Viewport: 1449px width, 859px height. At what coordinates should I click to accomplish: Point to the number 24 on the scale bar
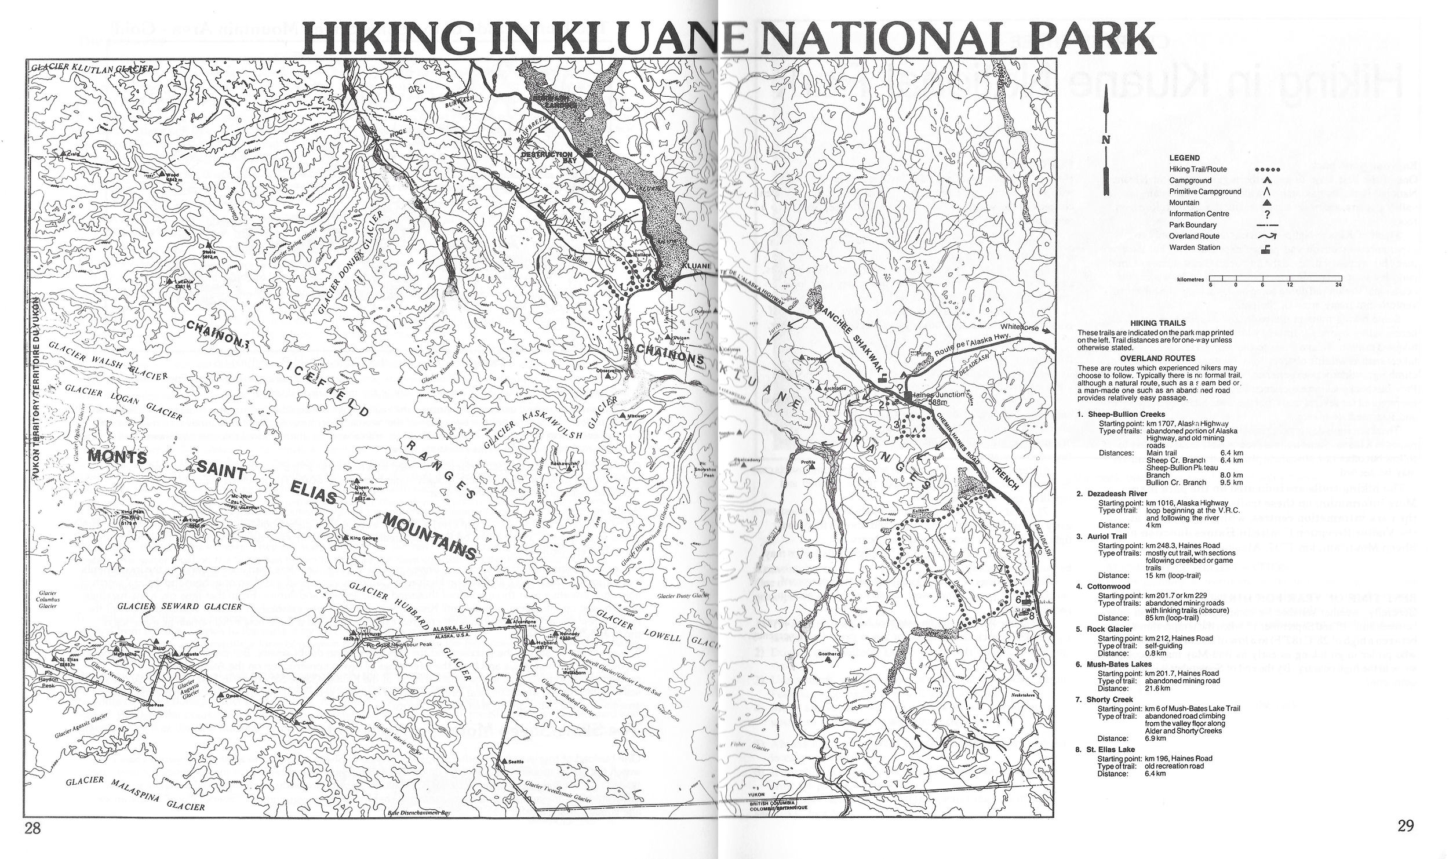(x=1333, y=285)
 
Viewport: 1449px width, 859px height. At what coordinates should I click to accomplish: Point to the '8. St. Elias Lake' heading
(x=1105, y=749)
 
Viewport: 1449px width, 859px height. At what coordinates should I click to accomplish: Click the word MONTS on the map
(x=116, y=457)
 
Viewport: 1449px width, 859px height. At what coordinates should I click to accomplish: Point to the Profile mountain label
(x=808, y=463)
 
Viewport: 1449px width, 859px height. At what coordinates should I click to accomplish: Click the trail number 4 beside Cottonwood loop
(x=887, y=547)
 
